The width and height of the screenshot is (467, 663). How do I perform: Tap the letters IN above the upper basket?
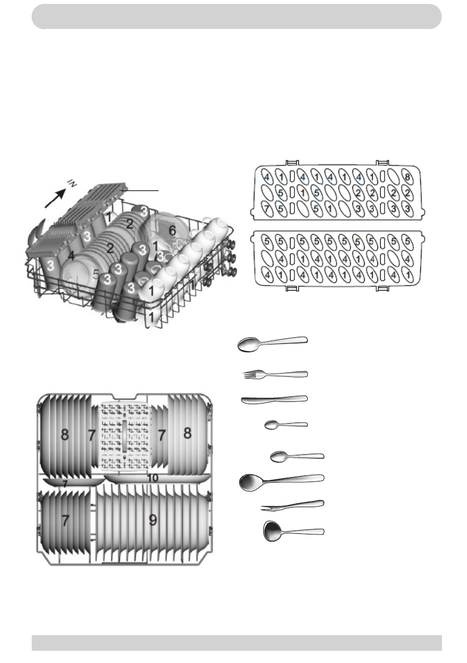click(71, 182)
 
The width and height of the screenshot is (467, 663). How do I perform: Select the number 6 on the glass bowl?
click(173, 229)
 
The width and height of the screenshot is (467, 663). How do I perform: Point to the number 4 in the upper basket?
click(71, 256)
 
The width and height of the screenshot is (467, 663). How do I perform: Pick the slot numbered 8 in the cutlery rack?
click(408, 178)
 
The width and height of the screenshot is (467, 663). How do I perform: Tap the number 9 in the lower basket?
click(153, 520)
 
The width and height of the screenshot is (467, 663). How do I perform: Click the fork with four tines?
click(275, 374)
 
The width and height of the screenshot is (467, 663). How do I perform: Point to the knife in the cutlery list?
click(274, 399)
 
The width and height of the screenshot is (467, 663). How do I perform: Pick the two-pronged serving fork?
click(292, 505)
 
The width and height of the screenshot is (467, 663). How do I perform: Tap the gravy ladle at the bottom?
click(293, 531)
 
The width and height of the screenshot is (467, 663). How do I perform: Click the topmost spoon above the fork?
click(272, 343)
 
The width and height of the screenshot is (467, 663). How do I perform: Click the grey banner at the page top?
click(236, 16)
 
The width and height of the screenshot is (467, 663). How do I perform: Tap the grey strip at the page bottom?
click(236, 642)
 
